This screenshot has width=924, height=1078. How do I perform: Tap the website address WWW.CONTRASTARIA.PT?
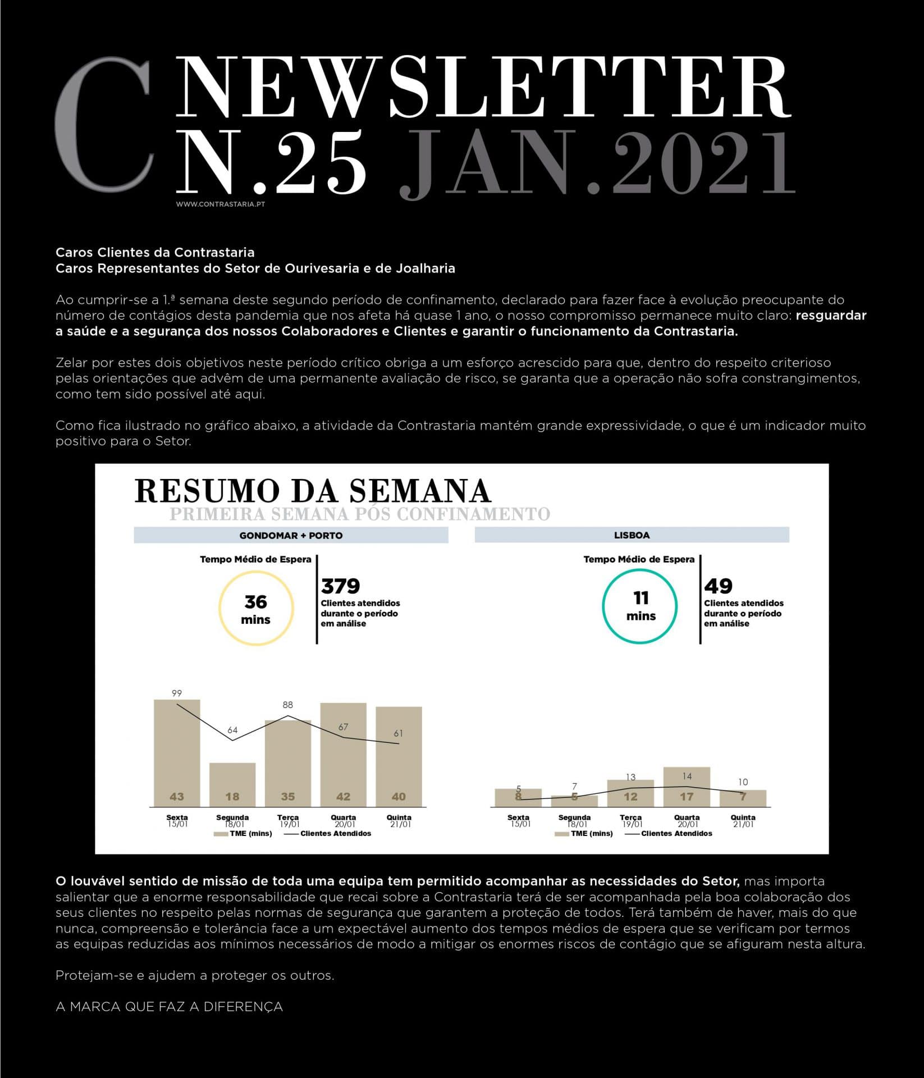[220, 204]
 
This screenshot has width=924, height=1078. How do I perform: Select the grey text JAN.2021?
[597, 163]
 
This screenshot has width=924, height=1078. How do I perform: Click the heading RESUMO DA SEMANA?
[313, 491]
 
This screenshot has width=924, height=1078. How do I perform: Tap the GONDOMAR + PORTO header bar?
[291, 535]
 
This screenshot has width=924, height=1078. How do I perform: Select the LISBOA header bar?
[632, 535]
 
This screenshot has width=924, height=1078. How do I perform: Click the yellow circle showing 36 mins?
[255, 609]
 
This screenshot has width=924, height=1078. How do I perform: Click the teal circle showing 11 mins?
[640, 606]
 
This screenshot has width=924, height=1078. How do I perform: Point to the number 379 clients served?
[340, 586]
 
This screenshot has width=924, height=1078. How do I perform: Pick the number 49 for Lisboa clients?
[718, 586]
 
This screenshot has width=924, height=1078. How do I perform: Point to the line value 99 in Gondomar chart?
[177, 693]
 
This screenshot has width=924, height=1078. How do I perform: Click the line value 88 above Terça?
[288, 705]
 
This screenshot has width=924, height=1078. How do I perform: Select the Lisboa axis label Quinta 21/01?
[743, 820]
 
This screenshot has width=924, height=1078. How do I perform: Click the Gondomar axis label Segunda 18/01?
[232, 820]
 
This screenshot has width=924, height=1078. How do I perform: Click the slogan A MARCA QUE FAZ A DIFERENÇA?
[169, 1007]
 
